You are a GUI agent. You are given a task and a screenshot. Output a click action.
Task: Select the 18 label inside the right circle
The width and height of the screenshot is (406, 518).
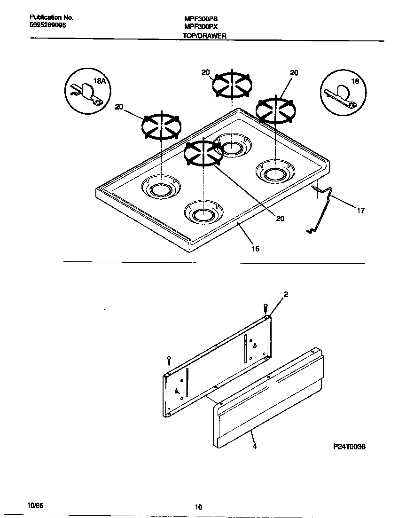coord(355,81)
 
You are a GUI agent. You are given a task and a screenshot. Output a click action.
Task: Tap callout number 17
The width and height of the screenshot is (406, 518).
coord(360,211)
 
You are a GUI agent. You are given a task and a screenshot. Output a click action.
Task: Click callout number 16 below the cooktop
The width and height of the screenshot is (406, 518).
coord(255,249)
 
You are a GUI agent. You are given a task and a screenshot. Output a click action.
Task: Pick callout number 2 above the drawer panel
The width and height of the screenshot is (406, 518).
coord(286,294)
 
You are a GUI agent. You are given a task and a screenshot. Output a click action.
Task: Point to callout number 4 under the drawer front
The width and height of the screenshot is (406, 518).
coord(254,446)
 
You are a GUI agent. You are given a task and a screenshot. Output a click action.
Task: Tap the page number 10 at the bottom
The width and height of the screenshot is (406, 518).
coord(198,507)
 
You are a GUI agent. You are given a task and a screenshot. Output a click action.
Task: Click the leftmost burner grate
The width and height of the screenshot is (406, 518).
coord(162,126)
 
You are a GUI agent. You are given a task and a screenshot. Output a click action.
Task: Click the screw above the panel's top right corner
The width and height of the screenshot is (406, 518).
coord(265,308)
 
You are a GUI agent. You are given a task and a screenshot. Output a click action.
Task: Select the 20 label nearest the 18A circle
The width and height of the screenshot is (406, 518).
coord(119,107)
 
